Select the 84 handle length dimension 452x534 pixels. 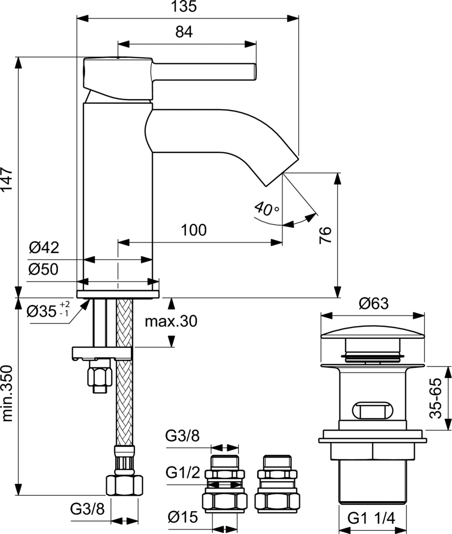pos(184,32)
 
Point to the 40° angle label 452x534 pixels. pos(267,210)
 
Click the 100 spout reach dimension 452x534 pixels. pos(193,230)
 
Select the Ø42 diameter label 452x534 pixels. pos(44,247)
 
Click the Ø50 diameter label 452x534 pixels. pos(44,269)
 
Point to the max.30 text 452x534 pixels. pos(171,322)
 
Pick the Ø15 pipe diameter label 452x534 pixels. pos(183,517)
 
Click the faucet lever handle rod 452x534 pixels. pos(203,71)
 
